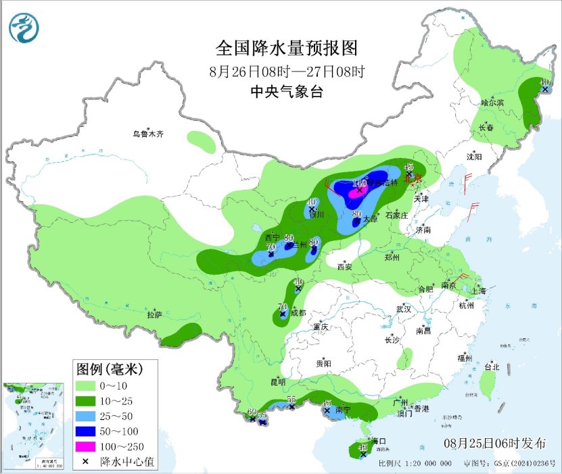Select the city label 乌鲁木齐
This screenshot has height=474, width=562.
coord(147,134)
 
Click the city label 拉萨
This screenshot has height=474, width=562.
coord(155,315)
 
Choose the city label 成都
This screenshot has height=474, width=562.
coord(298,313)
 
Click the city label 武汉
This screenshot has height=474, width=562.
coord(404,309)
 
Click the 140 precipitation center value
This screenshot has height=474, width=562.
coord(359,183)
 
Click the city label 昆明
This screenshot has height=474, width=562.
coord(278,382)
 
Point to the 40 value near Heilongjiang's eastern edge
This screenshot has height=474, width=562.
coord(544,82)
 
